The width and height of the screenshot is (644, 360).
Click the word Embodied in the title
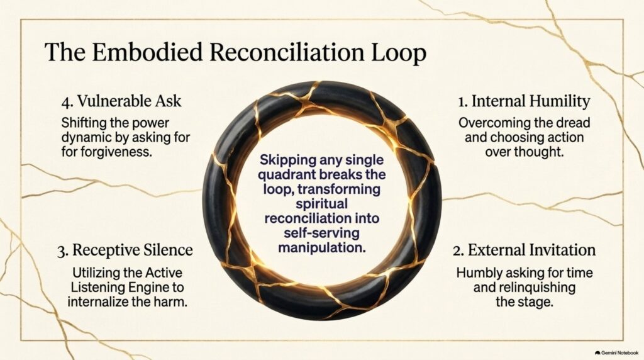(x=147, y=53)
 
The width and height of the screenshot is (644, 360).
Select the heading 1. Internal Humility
(x=524, y=101)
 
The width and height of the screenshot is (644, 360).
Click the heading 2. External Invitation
(x=524, y=250)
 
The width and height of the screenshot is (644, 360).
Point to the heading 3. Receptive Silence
(x=125, y=250)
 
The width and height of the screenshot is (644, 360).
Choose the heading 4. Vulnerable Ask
(x=121, y=101)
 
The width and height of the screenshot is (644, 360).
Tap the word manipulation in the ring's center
(x=321, y=248)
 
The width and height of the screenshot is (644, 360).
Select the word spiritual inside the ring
(x=321, y=204)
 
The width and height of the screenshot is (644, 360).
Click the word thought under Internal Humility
(x=544, y=152)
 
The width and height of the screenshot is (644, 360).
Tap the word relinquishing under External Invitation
(x=524, y=287)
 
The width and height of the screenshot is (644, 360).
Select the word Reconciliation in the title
(x=286, y=53)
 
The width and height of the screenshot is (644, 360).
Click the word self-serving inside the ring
(x=321, y=233)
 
